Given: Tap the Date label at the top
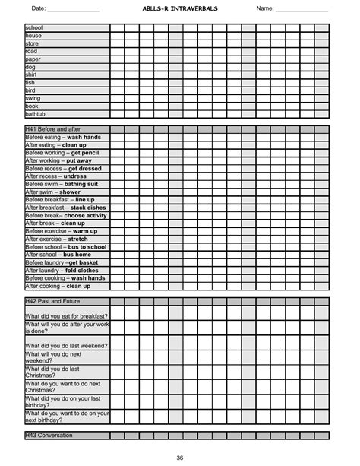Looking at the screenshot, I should point(38,8).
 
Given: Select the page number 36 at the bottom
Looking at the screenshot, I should point(180,457).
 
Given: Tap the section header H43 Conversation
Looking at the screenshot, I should point(49,436).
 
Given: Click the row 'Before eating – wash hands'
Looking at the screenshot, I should point(65,137).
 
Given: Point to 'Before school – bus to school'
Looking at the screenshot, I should point(66,247).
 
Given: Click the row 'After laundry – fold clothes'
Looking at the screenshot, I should point(62,271).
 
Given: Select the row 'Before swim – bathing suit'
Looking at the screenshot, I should point(62,184).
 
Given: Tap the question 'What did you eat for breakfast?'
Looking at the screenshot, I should point(66,315).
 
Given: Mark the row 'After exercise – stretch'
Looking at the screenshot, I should point(56,239).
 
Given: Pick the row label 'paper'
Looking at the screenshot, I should point(33,59).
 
